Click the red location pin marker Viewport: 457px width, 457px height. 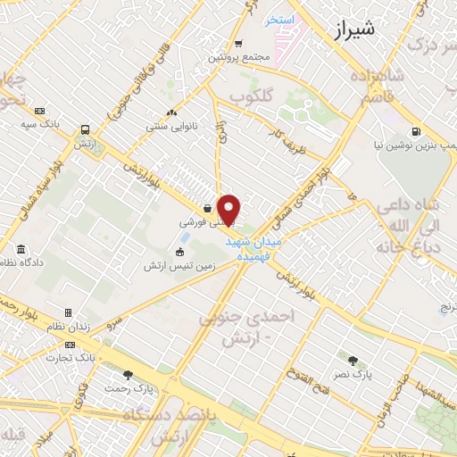229,209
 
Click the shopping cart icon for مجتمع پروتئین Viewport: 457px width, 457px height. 238,44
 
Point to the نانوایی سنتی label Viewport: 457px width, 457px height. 171,127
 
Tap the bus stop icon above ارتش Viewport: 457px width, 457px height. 85,129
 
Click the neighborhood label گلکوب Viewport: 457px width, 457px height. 251,95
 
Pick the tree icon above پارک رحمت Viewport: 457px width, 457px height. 128,374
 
